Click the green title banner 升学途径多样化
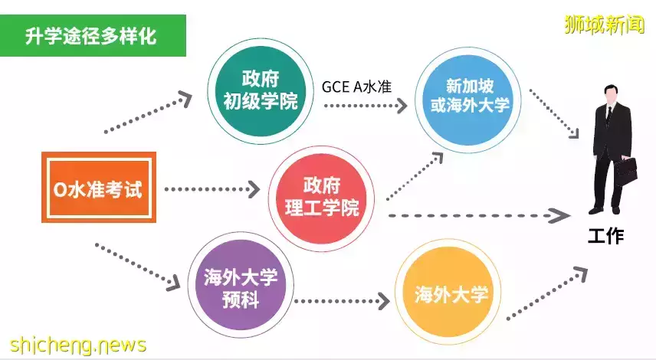tap(93, 35)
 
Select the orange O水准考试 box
tap(99, 188)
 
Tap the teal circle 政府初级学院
tap(261, 91)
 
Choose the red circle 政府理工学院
tap(321, 198)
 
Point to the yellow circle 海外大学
tap(448, 293)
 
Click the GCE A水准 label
tap(357, 87)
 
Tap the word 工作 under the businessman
tap(605, 236)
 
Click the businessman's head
tap(610, 94)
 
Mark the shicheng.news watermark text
tap(78, 345)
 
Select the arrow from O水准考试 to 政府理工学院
tap(212, 189)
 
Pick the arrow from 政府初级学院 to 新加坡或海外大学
tap(366, 106)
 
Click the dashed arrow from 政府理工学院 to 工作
tap(480, 216)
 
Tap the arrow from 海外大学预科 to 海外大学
tap(342, 301)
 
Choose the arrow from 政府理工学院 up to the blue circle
tap(414, 176)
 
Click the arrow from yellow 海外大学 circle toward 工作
tap(547, 293)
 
